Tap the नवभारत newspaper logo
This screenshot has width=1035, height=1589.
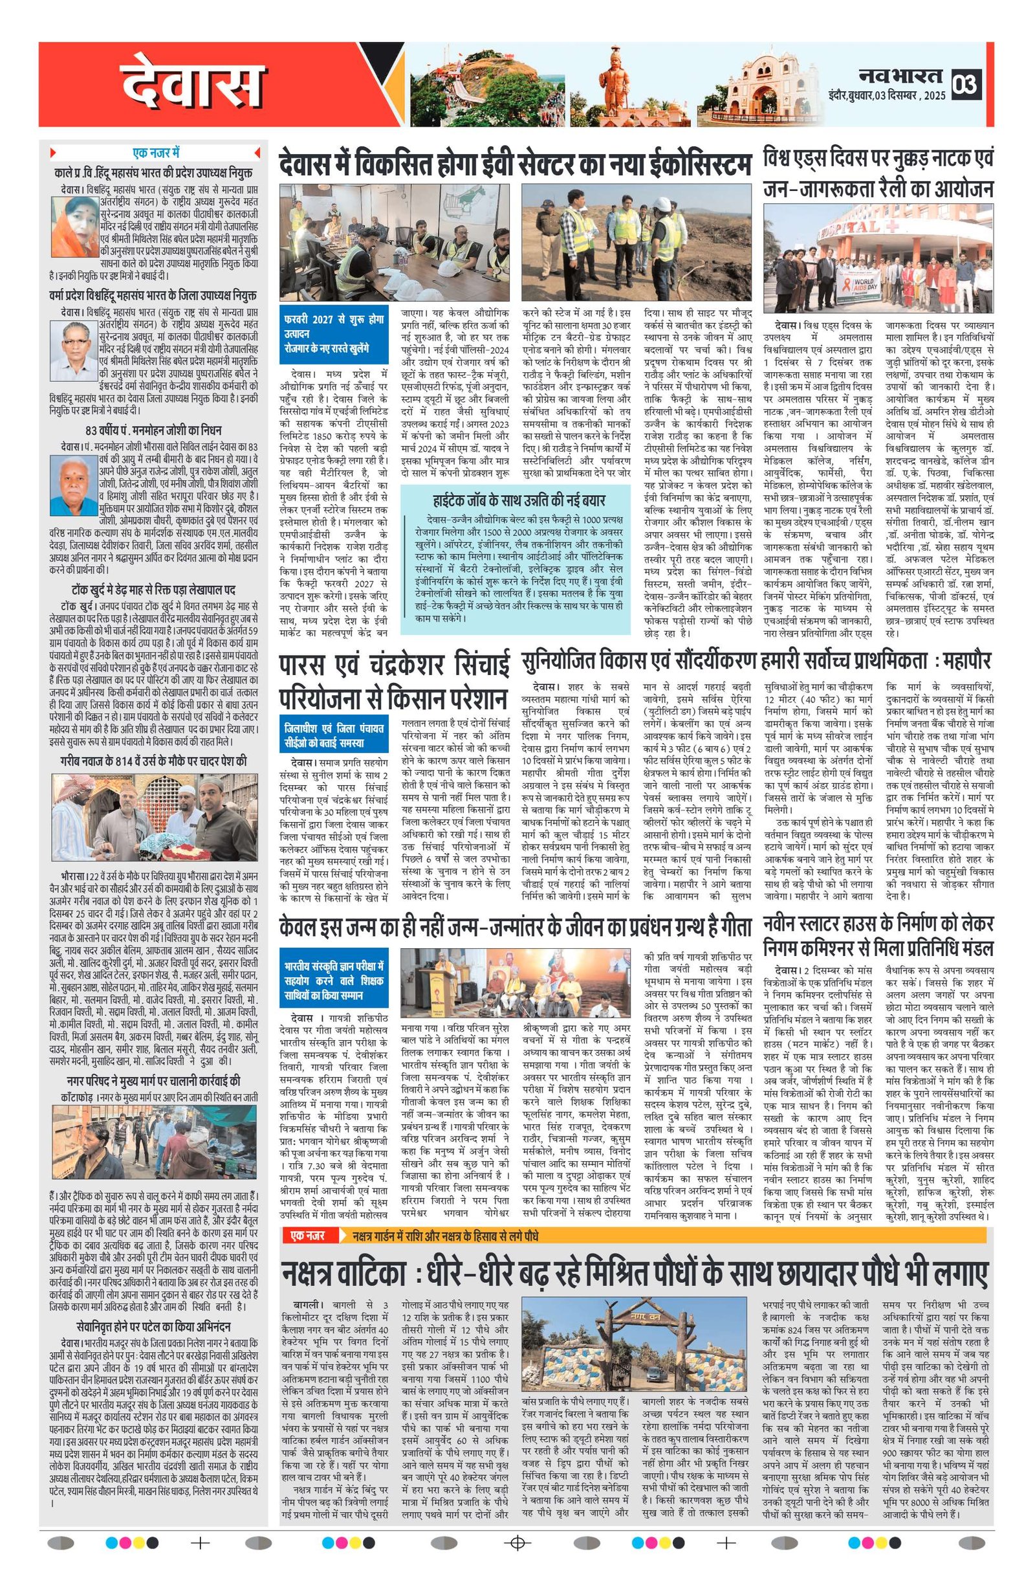[901, 75]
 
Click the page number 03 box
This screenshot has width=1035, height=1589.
[966, 84]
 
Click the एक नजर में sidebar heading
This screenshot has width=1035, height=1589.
[155, 153]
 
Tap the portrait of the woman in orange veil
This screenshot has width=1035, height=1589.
[75, 227]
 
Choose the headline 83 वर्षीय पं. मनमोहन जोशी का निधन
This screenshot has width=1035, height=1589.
[153, 430]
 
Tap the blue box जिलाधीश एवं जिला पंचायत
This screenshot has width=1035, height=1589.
[334, 735]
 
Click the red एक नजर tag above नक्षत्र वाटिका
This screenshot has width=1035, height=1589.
[308, 1236]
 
